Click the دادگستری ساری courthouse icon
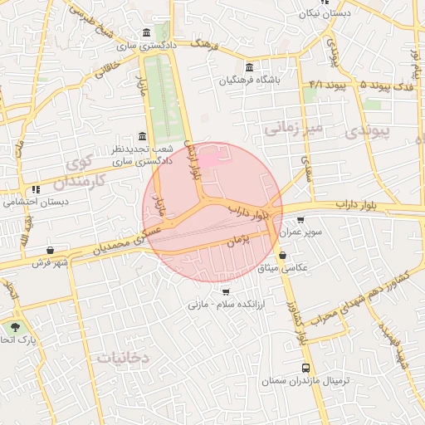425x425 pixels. click(x=147, y=33)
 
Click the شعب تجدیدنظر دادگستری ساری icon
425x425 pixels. click(x=142, y=137)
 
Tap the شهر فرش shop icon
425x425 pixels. click(x=51, y=250)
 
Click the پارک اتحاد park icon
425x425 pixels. click(x=15, y=327)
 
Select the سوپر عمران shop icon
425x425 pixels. click(x=300, y=221)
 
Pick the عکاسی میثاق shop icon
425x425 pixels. click(x=284, y=256)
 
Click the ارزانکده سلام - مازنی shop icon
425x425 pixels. click(x=226, y=291)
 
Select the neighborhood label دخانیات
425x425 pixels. click(x=123, y=358)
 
